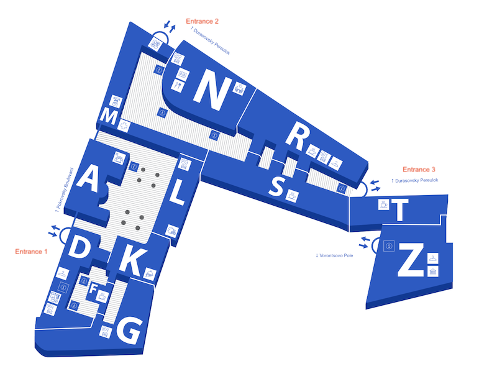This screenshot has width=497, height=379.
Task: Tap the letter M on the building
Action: click(109, 117)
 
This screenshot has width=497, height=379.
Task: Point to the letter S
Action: click(276, 186)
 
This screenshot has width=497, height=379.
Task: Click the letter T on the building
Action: click(399, 210)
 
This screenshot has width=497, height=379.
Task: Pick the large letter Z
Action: click(411, 259)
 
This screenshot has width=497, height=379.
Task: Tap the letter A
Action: click(87, 180)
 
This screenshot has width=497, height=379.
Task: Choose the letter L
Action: click(177, 191)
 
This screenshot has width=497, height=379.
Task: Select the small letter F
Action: click(93, 289)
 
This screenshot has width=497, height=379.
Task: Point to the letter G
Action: click(129, 331)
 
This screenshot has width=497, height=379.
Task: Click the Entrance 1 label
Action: click(32, 252)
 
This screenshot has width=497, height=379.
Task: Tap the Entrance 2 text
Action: click(203, 21)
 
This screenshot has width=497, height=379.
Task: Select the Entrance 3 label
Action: click(419, 170)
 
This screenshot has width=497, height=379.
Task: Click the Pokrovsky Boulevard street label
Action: click(65, 190)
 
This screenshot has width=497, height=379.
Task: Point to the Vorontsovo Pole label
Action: click(334, 255)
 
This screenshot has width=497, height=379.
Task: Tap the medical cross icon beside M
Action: click(124, 126)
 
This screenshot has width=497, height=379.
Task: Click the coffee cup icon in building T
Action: click(384, 204)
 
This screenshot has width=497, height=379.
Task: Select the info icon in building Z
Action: click(389, 246)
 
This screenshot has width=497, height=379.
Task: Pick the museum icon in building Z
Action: click(432, 272)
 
